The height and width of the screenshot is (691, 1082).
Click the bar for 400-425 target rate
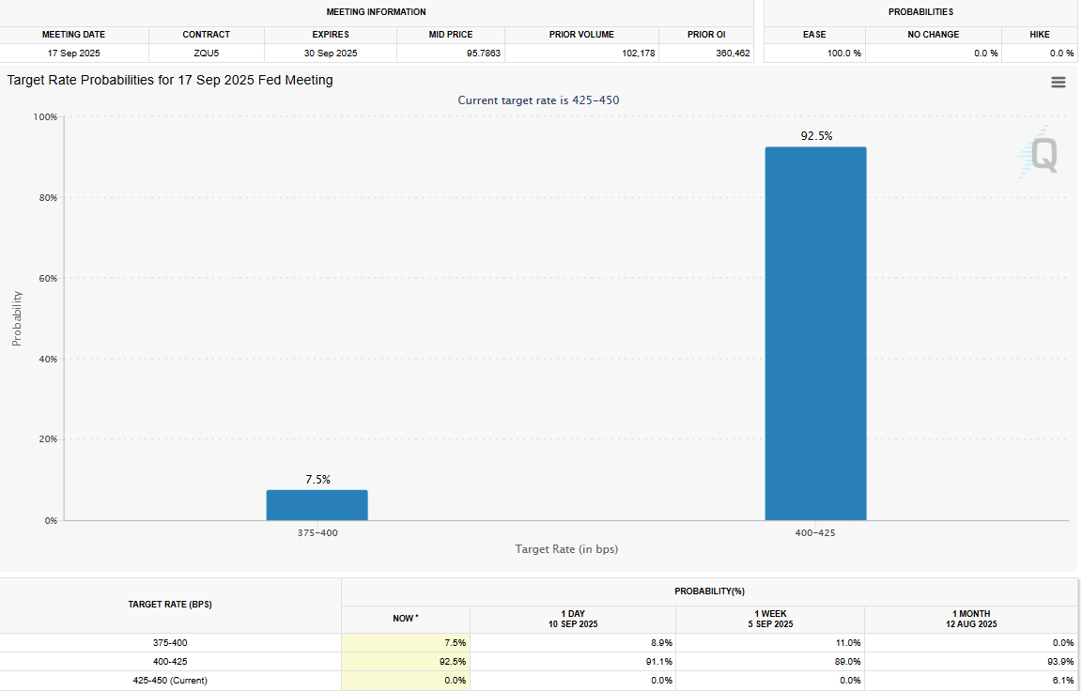tap(815, 334)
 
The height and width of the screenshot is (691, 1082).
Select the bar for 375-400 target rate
tap(317, 505)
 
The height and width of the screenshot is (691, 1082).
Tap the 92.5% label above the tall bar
tap(816, 136)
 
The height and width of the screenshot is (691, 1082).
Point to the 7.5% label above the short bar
tap(318, 479)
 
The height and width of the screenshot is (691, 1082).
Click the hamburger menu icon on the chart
tap(1058, 83)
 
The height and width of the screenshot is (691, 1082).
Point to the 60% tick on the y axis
tap(48, 279)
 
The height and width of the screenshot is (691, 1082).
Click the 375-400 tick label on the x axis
tap(317, 533)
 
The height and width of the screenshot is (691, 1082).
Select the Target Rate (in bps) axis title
tap(566, 549)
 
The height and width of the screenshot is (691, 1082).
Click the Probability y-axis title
tap(17, 318)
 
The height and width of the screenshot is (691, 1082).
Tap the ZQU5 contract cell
tap(207, 54)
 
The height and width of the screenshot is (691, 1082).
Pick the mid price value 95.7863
tap(483, 54)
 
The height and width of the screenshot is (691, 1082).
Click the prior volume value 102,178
tap(639, 54)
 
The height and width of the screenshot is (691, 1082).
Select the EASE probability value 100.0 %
tap(844, 54)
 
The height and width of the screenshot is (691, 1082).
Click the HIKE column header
tap(1039, 35)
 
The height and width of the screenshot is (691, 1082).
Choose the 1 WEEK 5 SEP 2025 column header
tap(770, 620)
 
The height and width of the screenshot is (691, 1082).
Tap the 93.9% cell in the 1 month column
tap(1062, 662)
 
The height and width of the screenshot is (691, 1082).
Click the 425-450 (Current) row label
tap(170, 681)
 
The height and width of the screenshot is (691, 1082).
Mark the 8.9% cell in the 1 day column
tap(661, 643)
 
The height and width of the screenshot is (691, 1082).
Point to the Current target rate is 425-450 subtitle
tap(538, 100)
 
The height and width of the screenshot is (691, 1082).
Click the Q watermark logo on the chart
tap(1039, 155)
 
